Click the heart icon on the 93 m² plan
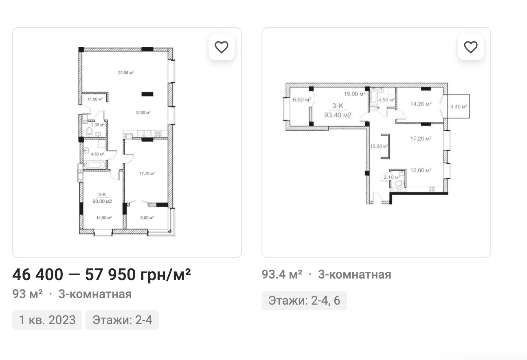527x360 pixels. [222, 47]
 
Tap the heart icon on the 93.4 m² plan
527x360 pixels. [470, 47]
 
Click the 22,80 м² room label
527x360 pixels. [125, 73]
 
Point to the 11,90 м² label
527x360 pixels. [95, 99]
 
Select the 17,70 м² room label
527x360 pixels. [147, 173]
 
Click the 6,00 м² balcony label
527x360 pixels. [147, 217]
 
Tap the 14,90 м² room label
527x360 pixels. [104, 217]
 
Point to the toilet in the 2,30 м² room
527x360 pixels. [89, 132]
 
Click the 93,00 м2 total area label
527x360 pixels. [102, 202]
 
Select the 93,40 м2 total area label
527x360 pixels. [338, 115]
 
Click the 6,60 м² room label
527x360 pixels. [302, 100]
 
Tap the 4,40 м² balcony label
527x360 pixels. [459, 107]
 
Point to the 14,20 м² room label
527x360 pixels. [421, 104]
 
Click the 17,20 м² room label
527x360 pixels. [421, 138]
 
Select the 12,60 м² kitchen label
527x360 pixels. [421, 170]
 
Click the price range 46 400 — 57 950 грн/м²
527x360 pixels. [101, 274]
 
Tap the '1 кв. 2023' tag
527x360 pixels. [47, 320]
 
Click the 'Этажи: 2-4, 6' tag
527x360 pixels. [304, 301]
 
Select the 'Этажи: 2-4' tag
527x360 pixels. [122, 320]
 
